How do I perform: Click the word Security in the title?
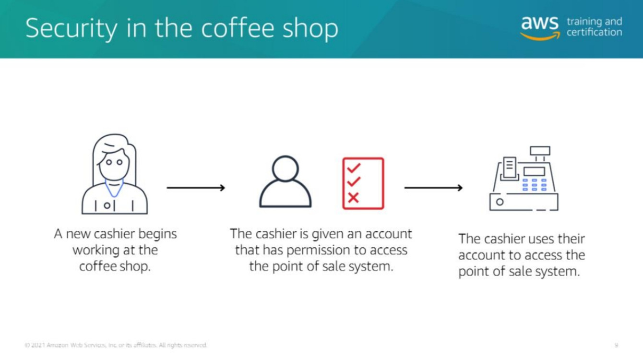click(71, 29)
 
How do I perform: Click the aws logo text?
click(540, 23)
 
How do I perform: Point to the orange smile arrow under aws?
click(540, 36)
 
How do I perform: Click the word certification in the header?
click(594, 32)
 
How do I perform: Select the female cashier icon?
click(115, 174)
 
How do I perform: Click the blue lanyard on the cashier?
click(114, 188)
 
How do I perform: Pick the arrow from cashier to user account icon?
click(196, 188)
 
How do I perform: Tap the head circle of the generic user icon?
click(285, 169)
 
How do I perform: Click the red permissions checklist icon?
click(363, 183)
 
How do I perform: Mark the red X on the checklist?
click(353, 198)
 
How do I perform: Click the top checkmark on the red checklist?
click(354, 168)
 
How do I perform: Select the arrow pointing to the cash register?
click(433, 188)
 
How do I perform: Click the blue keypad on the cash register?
click(534, 185)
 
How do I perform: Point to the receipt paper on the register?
click(510, 167)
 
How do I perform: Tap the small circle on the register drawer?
click(500, 202)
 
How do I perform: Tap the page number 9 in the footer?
click(616, 345)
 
